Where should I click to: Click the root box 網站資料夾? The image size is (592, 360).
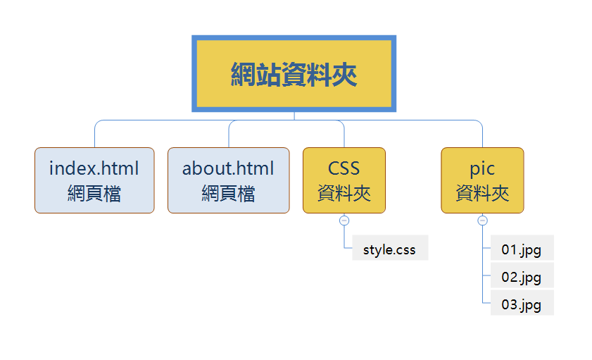(x=294, y=74)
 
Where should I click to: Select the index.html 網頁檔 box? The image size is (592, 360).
(x=94, y=180)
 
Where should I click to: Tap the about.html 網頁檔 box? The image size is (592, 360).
(x=228, y=180)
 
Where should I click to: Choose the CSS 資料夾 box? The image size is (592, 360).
(x=344, y=180)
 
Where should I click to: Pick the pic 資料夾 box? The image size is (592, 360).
(x=482, y=180)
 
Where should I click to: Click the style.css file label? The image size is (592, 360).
(x=390, y=249)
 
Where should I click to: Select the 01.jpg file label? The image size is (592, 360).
(x=522, y=249)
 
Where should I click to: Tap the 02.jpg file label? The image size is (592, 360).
(x=522, y=276)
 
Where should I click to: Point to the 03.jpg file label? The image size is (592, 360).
(x=522, y=304)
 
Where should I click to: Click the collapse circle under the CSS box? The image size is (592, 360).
(x=344, y=221)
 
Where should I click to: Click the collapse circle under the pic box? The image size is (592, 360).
(x=482, y=221)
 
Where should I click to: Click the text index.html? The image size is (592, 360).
(x=94, y=169)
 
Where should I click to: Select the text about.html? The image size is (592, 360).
(x=228, y=169)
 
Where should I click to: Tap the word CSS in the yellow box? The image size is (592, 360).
(x=344, y=169)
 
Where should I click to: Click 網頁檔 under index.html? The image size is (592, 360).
(x=94, y=193)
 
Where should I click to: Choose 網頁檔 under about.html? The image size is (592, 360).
(x=228, y=193)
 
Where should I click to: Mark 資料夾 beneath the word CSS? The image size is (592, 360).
(x=344, y=193)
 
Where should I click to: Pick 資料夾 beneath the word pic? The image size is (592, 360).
(x=482, y=193)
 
